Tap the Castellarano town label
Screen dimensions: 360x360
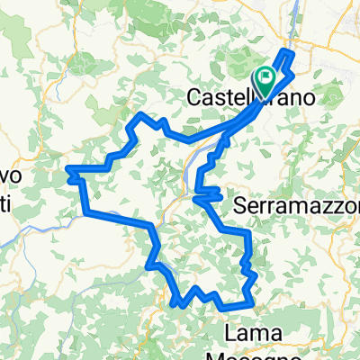coord(250,96)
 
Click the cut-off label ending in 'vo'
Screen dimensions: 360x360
coord(9,174)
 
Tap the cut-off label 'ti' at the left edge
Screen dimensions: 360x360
coord(4,205)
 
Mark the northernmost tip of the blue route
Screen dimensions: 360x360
coord(290,51)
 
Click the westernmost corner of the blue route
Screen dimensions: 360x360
coord(68,169)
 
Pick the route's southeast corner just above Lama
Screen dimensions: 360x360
coord(249,298)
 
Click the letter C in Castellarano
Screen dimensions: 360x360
coord(194,96)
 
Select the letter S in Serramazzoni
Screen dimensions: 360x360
coord(239,206)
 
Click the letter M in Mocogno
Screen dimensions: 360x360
coord(244,353)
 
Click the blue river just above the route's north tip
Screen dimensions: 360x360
coord(297,40)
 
